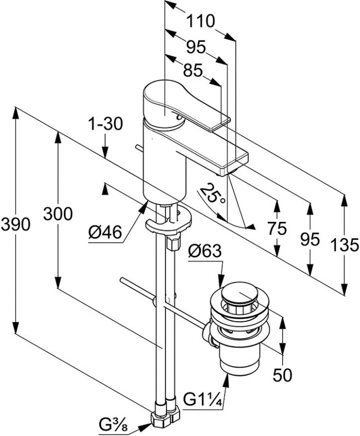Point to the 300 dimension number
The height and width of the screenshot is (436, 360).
[58, 214]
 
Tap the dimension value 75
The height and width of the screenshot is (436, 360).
[276, 228]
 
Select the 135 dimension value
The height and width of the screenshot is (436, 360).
[345, 244]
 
